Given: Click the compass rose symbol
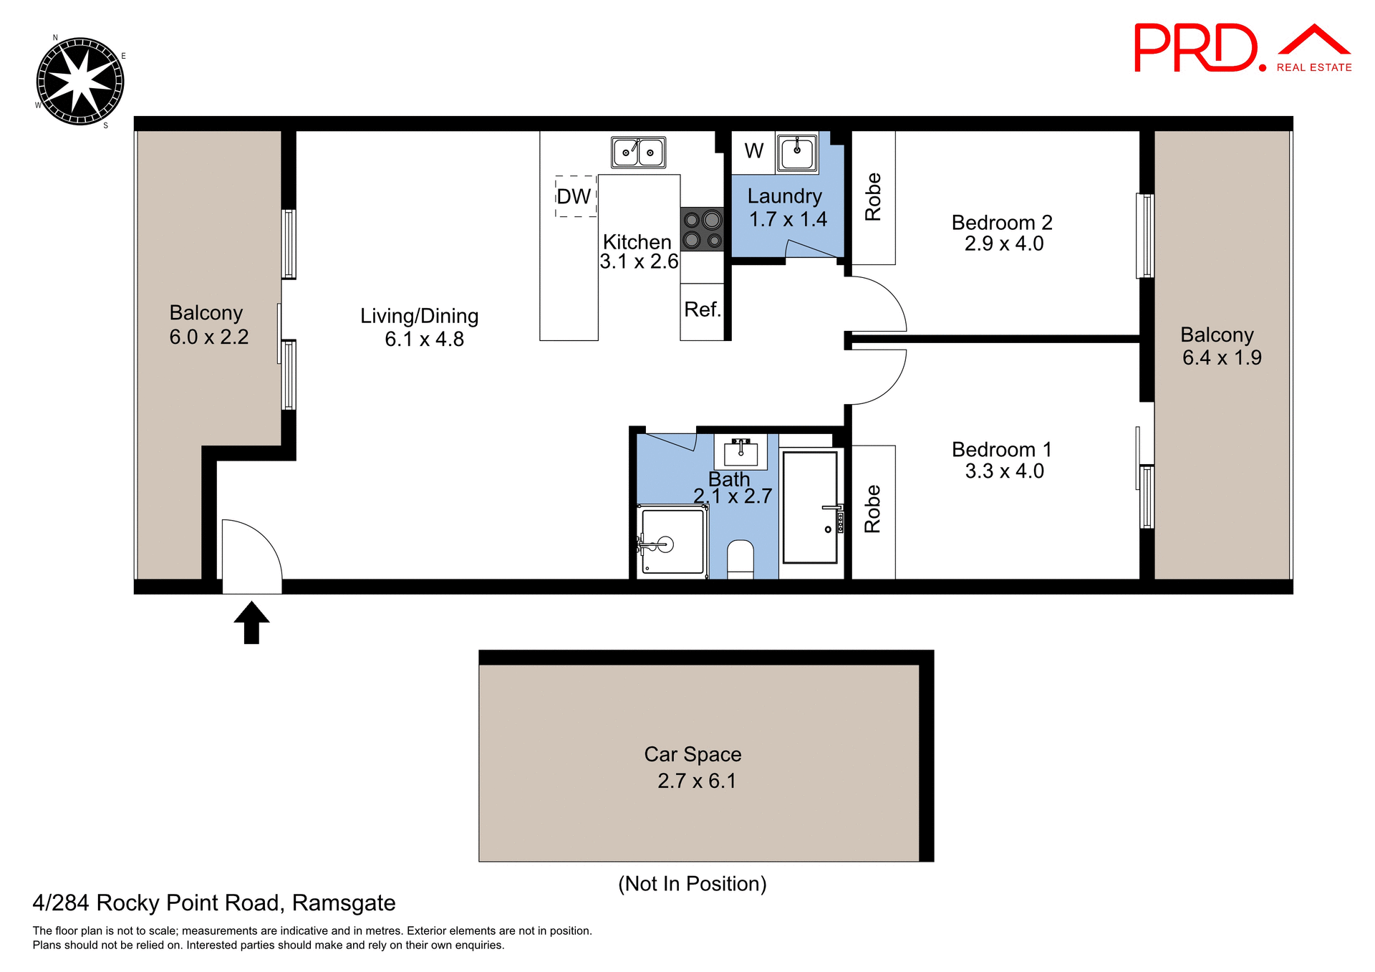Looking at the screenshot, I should (x=79, y=81).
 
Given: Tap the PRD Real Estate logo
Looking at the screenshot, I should (x=1242, y=48).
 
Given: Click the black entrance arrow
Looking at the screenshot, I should (x=251, y=622).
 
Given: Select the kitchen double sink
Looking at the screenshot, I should (x=638, y=153).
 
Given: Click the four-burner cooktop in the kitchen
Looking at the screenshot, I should (x=702, y=229).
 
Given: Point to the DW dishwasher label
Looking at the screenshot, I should (x=574, y=196).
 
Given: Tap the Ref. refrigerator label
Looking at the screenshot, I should (x=703, y=309).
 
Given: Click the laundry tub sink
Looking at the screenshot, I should (x=797, y=153).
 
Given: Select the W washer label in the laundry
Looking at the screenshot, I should (x=753, y=151).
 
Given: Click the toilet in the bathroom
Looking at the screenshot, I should (x=740, y=559).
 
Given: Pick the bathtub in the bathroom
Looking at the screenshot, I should (x=810, y=506).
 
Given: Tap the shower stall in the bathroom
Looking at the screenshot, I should (x=672, y=540).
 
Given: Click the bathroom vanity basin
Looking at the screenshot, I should (x=740, y=451).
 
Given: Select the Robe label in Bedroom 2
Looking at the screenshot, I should (x=873, y=197).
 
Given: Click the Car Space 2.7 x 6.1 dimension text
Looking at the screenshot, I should (x=697, y=781).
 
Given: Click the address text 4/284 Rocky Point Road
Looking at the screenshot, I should (x=213, y=903).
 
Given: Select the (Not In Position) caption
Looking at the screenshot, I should (x=692, y=883).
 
